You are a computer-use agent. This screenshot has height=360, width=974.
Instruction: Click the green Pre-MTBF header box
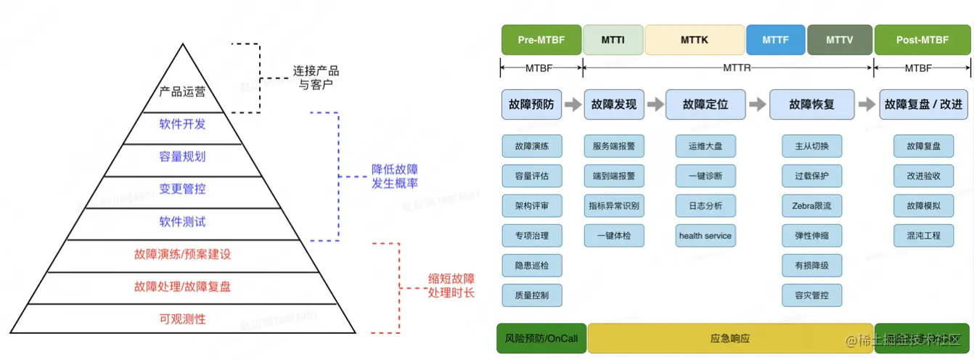pos(541,40)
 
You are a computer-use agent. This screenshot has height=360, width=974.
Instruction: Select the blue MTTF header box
pos(775,40)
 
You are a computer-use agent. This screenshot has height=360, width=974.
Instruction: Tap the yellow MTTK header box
pos(694,40)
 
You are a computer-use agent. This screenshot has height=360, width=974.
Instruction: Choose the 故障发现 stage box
pos(613,105)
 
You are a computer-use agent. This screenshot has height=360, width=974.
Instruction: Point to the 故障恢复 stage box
pos(811,105)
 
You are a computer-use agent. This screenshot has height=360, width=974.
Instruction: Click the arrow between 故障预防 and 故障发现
pos(573,105)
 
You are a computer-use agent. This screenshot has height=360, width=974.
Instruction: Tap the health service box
pos(705,236)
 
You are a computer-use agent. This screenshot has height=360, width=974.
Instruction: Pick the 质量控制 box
pos(532,295)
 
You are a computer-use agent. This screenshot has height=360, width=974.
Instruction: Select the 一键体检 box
pos(613,236)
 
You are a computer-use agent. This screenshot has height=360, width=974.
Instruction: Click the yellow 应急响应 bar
pos(729,338)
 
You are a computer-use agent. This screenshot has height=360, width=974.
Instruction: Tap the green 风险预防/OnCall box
pos(541,338)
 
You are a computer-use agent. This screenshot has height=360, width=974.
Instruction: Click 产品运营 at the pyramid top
pos(182,92)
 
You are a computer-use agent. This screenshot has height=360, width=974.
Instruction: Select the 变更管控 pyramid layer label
pos(182,189)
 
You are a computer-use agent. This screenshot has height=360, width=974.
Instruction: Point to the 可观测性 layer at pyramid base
pos(182,319)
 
